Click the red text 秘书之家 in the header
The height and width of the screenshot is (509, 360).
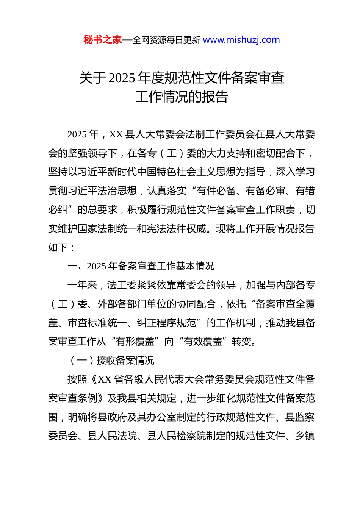[x=103, y=40]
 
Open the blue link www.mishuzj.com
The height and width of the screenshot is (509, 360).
[x=241, y=40]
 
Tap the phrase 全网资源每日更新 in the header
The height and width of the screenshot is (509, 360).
[x=166, y=40]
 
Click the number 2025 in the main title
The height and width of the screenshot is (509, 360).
[x=122, y=78]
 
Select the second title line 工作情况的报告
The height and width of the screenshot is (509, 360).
[x=182, y=97]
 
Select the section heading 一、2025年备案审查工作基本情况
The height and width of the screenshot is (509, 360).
[x=141, y=266]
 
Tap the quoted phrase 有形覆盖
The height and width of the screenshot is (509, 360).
[x=135, y=342]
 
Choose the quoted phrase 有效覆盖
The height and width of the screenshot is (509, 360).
[x=203, y=342]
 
